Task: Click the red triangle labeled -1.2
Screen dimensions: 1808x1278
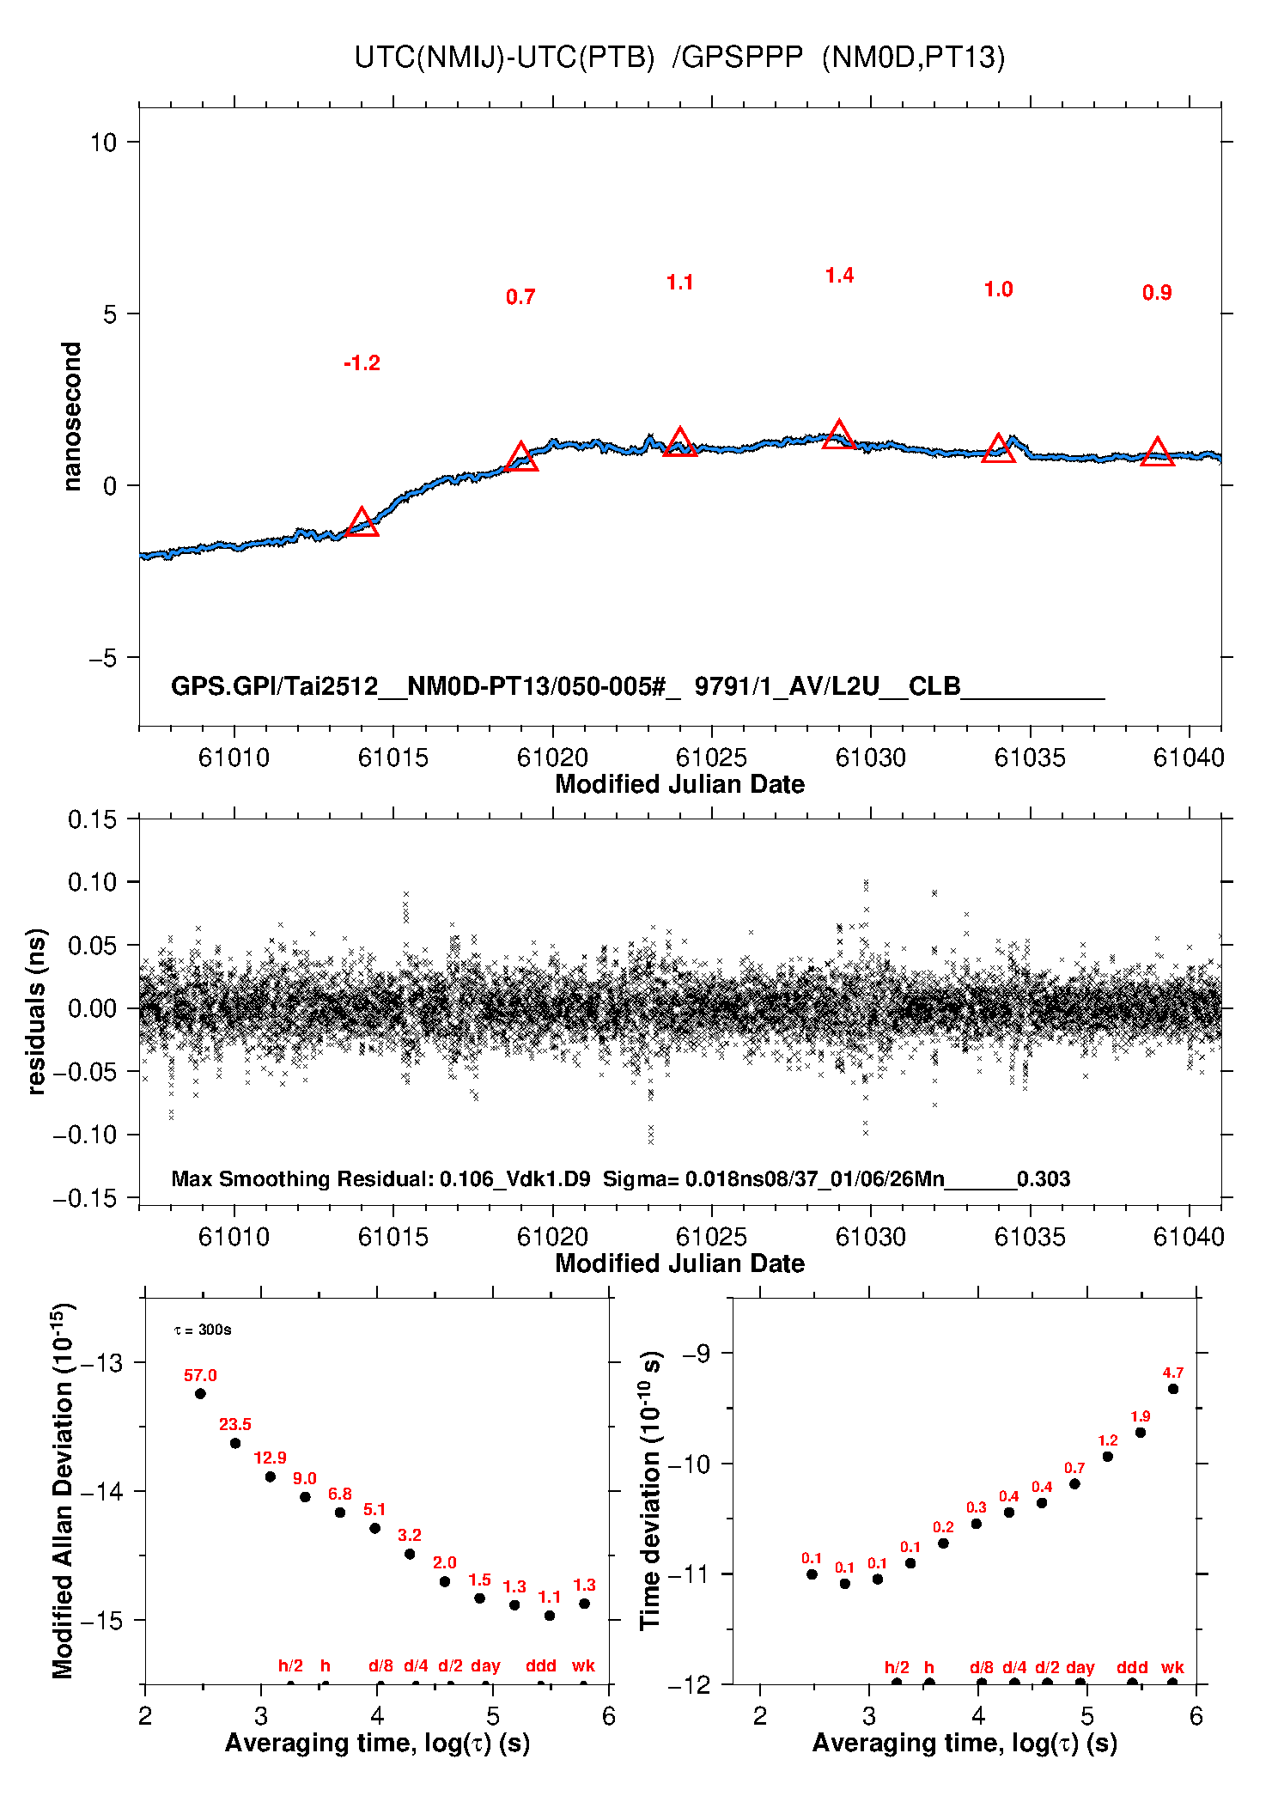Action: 362,523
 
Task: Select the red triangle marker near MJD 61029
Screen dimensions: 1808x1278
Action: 838,435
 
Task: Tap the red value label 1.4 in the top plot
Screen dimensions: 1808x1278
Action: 839,276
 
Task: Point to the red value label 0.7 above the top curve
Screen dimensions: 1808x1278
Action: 520,297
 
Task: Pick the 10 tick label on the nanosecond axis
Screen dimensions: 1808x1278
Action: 103,143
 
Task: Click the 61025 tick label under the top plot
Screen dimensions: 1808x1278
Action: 711,758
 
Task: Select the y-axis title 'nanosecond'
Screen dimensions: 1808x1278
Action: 72,416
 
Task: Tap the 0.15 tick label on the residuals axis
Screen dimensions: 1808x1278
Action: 92,819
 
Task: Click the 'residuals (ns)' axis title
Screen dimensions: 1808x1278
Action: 36,1011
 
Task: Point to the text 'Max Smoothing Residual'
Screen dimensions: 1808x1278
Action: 301,1178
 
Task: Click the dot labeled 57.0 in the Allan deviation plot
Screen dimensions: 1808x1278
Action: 200,1393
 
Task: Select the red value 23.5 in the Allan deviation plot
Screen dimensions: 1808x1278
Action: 235,1425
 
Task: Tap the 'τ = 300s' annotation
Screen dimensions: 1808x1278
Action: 203,1330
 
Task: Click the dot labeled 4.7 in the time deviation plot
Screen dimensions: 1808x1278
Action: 1173,1389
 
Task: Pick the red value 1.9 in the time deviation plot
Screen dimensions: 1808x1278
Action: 1141,1416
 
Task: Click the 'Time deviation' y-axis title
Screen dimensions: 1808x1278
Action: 651,1490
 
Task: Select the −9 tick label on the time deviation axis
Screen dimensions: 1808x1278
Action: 697,1354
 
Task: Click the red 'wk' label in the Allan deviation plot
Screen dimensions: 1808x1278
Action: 584,1666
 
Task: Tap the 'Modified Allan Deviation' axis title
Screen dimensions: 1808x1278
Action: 63,1490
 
